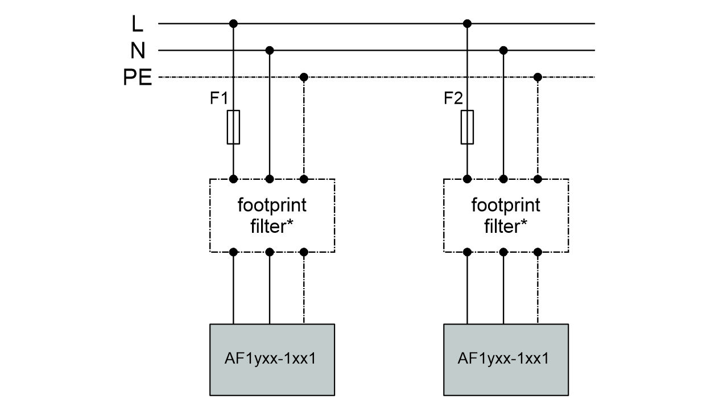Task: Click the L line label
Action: coord(137,24)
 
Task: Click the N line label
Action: coord(137,51)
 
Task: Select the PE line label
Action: coord(137,77)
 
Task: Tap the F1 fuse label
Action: coord(219,98)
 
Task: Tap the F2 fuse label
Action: coord(453,98)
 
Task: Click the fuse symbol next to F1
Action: coord(233,127)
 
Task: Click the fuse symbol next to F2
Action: coord(467,127)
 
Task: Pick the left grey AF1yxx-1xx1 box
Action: coord(272,359)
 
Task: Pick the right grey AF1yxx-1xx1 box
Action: coord(506,359)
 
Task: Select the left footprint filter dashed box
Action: coord(272,215)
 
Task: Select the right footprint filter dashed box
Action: coord(506,215)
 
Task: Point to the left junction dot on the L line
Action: coord(233,23)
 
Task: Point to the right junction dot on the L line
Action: coord(467,23)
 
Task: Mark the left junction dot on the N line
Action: coord(270,50)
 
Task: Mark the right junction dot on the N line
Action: coord(503,50)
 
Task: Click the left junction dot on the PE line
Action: coord(304,77)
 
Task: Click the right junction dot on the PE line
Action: coord(538,77)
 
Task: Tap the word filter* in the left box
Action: coord(272,227)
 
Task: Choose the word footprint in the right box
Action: coord(506,204)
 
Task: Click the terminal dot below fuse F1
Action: coord(233,179)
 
